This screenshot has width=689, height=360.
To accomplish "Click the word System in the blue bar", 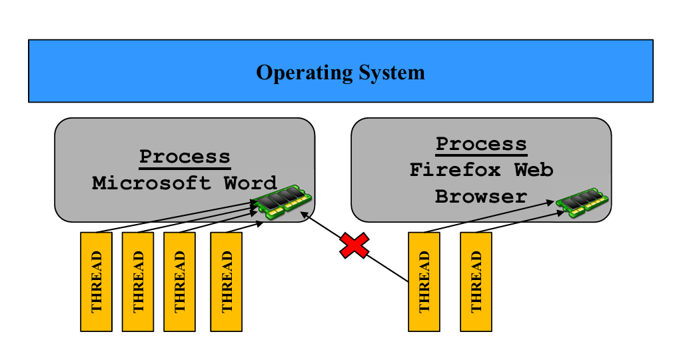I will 390,72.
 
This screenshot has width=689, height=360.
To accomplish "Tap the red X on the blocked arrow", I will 354,246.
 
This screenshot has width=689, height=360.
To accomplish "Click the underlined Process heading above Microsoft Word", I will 185,157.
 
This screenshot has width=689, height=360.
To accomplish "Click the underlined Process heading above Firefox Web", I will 481,144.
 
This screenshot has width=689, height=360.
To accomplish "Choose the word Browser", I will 481,197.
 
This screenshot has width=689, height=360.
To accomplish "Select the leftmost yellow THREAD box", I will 96,281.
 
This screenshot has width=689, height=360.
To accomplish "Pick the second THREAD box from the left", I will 138,281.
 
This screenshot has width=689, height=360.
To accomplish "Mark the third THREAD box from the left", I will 179,281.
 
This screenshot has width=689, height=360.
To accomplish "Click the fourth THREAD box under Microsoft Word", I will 226,281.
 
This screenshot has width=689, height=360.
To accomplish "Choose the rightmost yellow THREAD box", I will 476,281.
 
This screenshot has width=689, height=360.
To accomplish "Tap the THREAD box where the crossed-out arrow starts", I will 424,281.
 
